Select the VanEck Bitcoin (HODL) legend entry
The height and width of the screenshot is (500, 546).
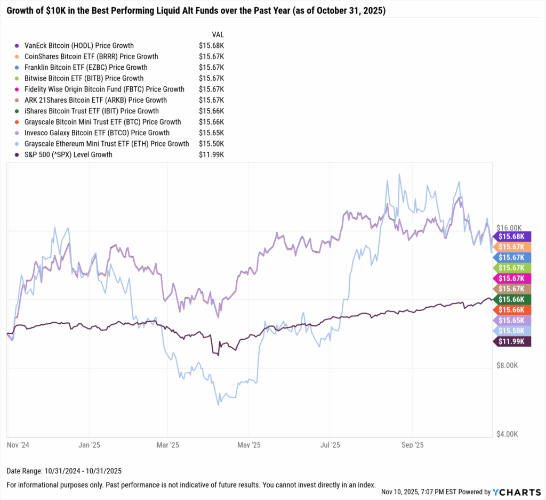[79, 45]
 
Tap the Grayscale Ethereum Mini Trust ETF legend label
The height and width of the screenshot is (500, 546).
[107, 144]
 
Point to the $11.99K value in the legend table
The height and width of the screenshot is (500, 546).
[211, 154]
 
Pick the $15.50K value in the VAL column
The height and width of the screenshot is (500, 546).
[211, 144]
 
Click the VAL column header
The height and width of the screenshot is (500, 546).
[218, 34]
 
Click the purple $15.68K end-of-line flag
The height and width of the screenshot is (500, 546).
[512, 236]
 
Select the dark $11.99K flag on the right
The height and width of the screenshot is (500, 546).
[512, 341]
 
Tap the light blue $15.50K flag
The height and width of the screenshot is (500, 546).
[512, 331]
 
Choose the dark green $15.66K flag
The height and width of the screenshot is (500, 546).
[512, 299]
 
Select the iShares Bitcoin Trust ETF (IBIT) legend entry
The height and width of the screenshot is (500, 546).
[92, 111]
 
